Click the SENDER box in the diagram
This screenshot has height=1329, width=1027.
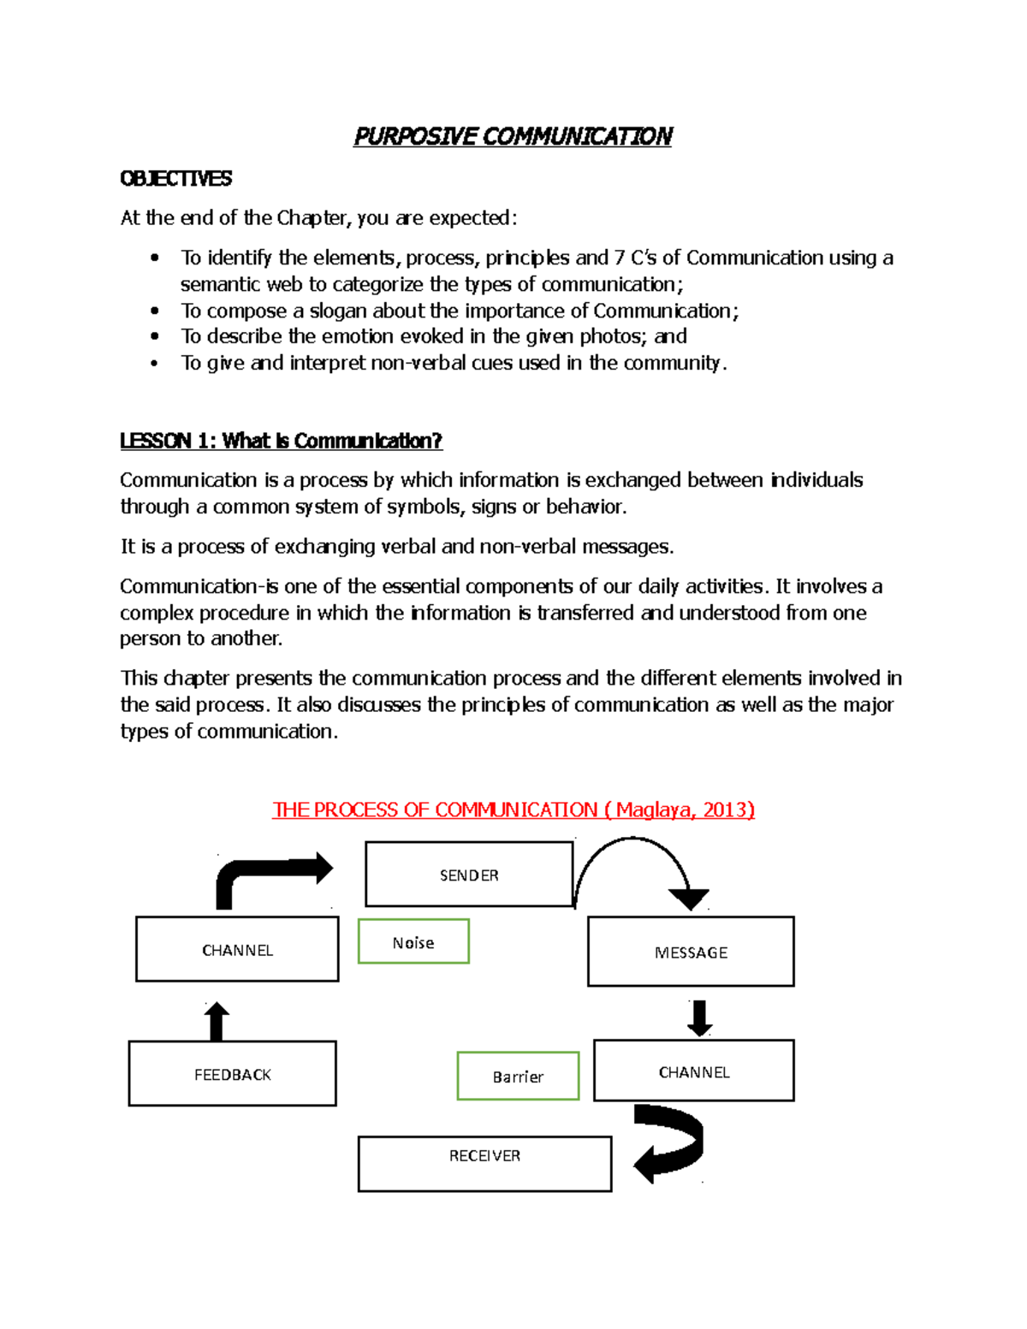pyautogui.click(x=469, y=875)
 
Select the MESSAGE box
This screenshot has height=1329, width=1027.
pyautogui.click(x=691, y=952)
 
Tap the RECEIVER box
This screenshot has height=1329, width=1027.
pyautogui.click(x=484, y=1163)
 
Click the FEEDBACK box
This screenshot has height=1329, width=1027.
pyautogui.click(x=232, y=1073)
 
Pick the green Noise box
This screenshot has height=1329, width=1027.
pyautogui.click(x=413, y=941)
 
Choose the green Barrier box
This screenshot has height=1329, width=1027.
pyautogui.click(x=518, y=1076)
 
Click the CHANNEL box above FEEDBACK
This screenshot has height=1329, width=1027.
pyautogui.click(x=237, y=949)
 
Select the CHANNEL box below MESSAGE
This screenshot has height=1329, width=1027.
pyautogui.click(x=693, y=1071)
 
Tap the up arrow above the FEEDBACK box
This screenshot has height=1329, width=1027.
pyautogui.click(x=217, y=1021)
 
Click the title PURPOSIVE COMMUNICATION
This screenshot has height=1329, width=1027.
pyautogui.click(x=513, y=136)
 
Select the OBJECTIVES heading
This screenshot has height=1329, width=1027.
pyautogui.click(x=176, y=178)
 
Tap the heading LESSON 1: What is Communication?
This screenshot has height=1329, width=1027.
pyautogui.click(x=281, y=441)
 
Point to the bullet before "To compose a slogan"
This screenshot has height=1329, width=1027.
pyautogui.click(x=155, y=311)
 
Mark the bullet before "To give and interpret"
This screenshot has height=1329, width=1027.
pyautogui.click(x=155, y=364)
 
